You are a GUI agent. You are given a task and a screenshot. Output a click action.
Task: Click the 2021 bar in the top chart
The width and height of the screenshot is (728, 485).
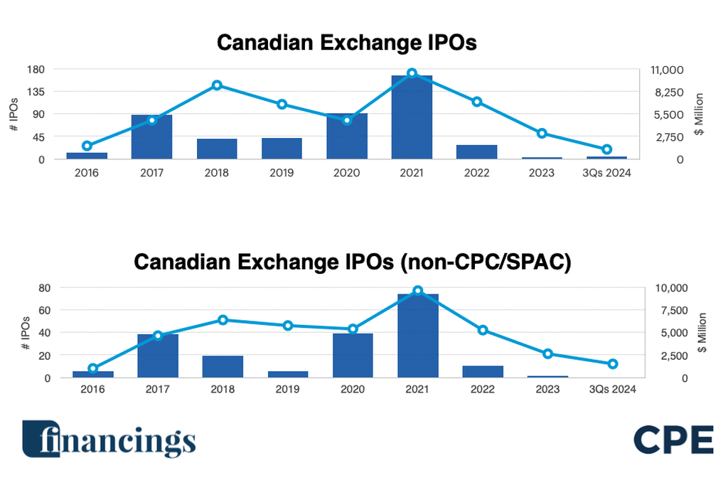412,117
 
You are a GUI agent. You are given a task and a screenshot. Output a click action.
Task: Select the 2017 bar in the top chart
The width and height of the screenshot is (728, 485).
151,137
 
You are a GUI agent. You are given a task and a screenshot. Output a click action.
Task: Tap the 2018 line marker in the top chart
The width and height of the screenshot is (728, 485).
217,85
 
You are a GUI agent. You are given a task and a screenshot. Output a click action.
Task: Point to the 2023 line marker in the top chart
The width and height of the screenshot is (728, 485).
542,134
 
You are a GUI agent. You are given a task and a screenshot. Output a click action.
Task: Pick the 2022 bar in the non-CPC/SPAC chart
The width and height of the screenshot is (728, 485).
483,371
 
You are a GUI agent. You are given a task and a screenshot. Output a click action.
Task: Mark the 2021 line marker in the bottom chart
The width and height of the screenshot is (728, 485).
417,291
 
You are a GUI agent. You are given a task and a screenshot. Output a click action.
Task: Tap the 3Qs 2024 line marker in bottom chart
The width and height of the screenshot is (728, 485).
613,364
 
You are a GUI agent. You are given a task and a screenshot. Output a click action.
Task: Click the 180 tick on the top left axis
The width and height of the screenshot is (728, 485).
36,70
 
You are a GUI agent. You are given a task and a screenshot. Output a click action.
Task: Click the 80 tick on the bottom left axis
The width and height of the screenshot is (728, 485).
44,288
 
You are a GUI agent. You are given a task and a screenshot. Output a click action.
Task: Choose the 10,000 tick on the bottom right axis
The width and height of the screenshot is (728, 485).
668,288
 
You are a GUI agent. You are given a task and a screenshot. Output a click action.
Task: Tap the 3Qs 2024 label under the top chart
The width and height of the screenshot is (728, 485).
606,173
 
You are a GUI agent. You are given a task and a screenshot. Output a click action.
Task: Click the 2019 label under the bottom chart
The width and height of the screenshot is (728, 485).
287,389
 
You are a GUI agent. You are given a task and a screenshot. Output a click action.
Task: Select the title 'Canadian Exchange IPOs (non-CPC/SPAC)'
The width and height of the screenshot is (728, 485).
352,262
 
